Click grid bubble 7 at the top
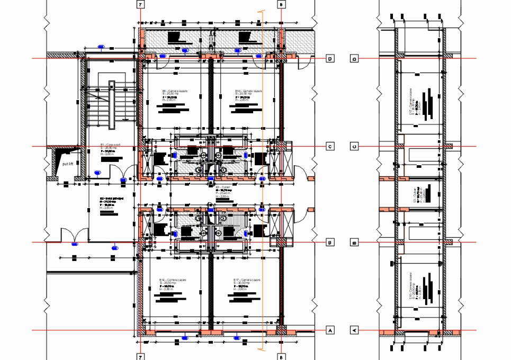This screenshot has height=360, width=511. coord(140,4)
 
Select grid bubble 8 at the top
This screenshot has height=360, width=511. coord(282,4)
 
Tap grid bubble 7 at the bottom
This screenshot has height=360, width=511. coord(140,356)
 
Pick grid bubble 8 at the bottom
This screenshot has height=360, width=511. coord(282,356)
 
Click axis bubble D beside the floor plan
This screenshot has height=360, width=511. coord(330,59)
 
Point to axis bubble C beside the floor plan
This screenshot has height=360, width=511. coord(330,147)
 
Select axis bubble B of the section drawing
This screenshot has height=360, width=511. coord(355,243)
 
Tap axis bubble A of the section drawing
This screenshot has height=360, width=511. coord(355,330)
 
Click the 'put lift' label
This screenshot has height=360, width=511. coord(67,164)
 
